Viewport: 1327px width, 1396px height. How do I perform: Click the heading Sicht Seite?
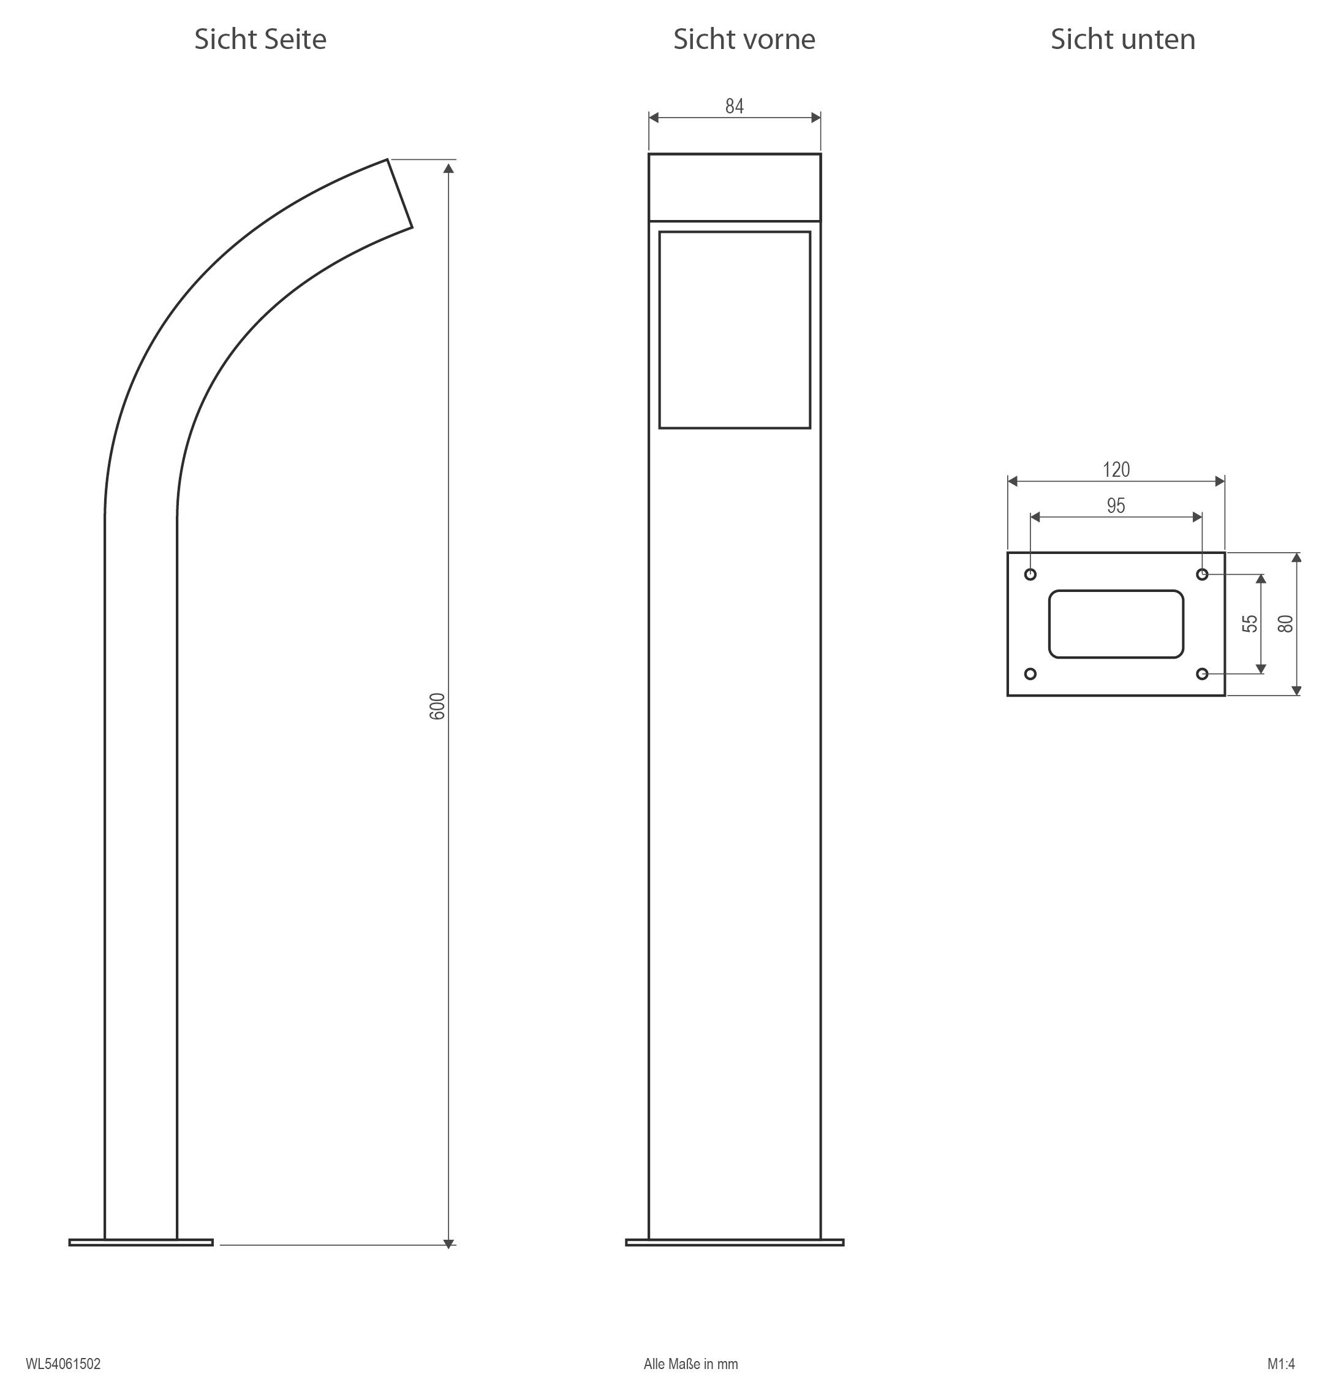coord(260,40)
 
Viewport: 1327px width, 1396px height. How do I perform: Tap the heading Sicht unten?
coord(1122,40)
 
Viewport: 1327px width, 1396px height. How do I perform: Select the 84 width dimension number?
coord(734,106)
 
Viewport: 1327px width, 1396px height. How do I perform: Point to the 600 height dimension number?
coord(438,706)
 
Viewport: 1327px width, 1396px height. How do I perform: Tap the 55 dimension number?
coord(1250,623)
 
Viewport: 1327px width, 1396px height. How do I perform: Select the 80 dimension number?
coord(1285,623)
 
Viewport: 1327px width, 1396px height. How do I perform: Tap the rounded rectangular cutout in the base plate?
coord(1116,624)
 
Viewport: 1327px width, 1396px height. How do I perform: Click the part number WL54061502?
coord(63,1364)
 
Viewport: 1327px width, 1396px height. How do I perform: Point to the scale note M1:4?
coord(1280,1364)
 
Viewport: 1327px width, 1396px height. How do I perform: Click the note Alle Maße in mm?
coord(690,1364)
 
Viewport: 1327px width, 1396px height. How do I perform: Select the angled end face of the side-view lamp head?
coord(399,193)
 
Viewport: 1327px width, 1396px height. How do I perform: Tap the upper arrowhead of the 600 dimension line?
coord(448,168)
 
